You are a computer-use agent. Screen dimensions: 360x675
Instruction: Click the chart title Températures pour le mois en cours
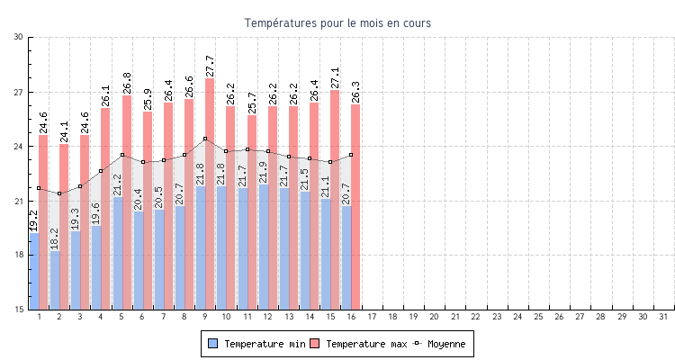[337, 22]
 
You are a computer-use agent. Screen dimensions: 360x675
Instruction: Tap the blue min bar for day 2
[55, 281]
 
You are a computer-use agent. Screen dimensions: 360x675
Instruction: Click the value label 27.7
[210, 66]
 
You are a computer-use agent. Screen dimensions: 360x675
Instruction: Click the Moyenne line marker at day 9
[205, 139]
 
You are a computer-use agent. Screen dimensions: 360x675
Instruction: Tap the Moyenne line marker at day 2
[59, 193]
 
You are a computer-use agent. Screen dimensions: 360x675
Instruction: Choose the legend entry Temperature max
[358, 344]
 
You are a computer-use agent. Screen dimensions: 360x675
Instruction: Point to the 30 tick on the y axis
[19, 37]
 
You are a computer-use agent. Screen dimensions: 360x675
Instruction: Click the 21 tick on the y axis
[19, 201]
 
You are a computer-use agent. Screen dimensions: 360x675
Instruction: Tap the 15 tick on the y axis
[19, 310]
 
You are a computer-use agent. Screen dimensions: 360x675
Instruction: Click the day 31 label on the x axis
[664, 317]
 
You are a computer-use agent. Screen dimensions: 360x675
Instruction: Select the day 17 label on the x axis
[372, 317]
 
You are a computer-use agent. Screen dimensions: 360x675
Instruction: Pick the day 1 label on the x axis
[39, 317]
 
